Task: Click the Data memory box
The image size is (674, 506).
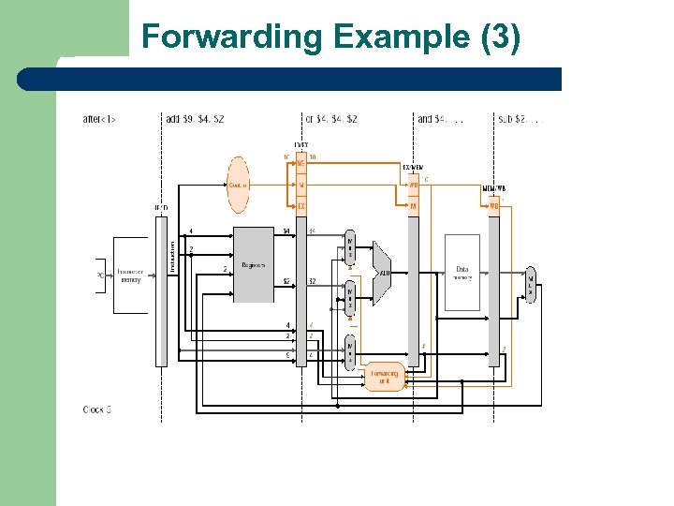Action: (462, 273)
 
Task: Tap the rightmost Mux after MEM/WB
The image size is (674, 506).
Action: (531, 282)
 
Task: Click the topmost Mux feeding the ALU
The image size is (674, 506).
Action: (350, 246)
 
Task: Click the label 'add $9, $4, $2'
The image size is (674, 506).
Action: (195, 119)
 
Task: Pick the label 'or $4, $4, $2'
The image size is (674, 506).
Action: (331, 119)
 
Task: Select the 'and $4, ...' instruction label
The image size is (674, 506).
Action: (440, 119)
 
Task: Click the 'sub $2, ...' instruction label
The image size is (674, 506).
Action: (520, 119)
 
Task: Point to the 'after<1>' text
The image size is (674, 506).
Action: (99, 119)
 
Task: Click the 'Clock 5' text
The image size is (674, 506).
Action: (97, 409)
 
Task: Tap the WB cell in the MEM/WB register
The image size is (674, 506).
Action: (493, 206)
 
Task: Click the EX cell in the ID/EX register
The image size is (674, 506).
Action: (301, 205)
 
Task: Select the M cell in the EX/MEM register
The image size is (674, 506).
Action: (413, 206)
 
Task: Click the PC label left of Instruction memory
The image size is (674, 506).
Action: (100, 275)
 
